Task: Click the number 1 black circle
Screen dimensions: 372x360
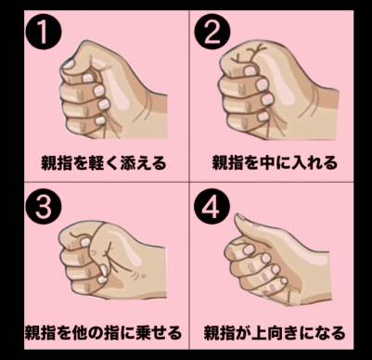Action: coord(44,32)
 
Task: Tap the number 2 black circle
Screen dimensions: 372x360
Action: coord(212,32)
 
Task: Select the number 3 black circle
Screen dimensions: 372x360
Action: coord(44,207)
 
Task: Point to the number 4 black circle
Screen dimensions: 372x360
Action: coord(212,205)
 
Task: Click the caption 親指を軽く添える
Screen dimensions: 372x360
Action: coord(104,162)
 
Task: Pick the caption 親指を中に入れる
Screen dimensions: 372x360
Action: coord(275,162)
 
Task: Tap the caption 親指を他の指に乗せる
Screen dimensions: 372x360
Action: coord(103,332)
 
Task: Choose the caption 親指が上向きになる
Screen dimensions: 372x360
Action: coord(275,332)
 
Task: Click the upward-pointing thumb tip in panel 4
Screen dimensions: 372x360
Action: coord(238,217)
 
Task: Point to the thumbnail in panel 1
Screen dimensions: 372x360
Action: coord(69,64)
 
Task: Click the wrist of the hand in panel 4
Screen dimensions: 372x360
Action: coord(317,276)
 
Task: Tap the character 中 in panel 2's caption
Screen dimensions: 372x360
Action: coord(266,162)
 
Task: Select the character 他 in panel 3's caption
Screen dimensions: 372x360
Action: coord(80,332)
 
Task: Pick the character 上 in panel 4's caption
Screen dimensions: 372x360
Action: coord(259,332)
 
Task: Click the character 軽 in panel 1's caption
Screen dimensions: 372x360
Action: coord(96,162)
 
